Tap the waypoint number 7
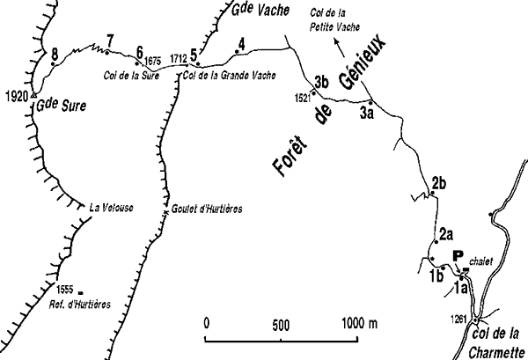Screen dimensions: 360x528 coord(110,39)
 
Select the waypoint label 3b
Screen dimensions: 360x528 coord(322,81)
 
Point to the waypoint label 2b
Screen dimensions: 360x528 coord(441,183)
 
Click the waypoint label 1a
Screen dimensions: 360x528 coord(460,286)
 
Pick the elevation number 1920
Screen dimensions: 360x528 coord(15,95)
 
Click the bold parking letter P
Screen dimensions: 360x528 coord(457,256)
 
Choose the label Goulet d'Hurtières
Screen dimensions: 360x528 coord(204,209)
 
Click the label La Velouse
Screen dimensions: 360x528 coord(110,209)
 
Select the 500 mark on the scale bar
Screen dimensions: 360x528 coord(281,323)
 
